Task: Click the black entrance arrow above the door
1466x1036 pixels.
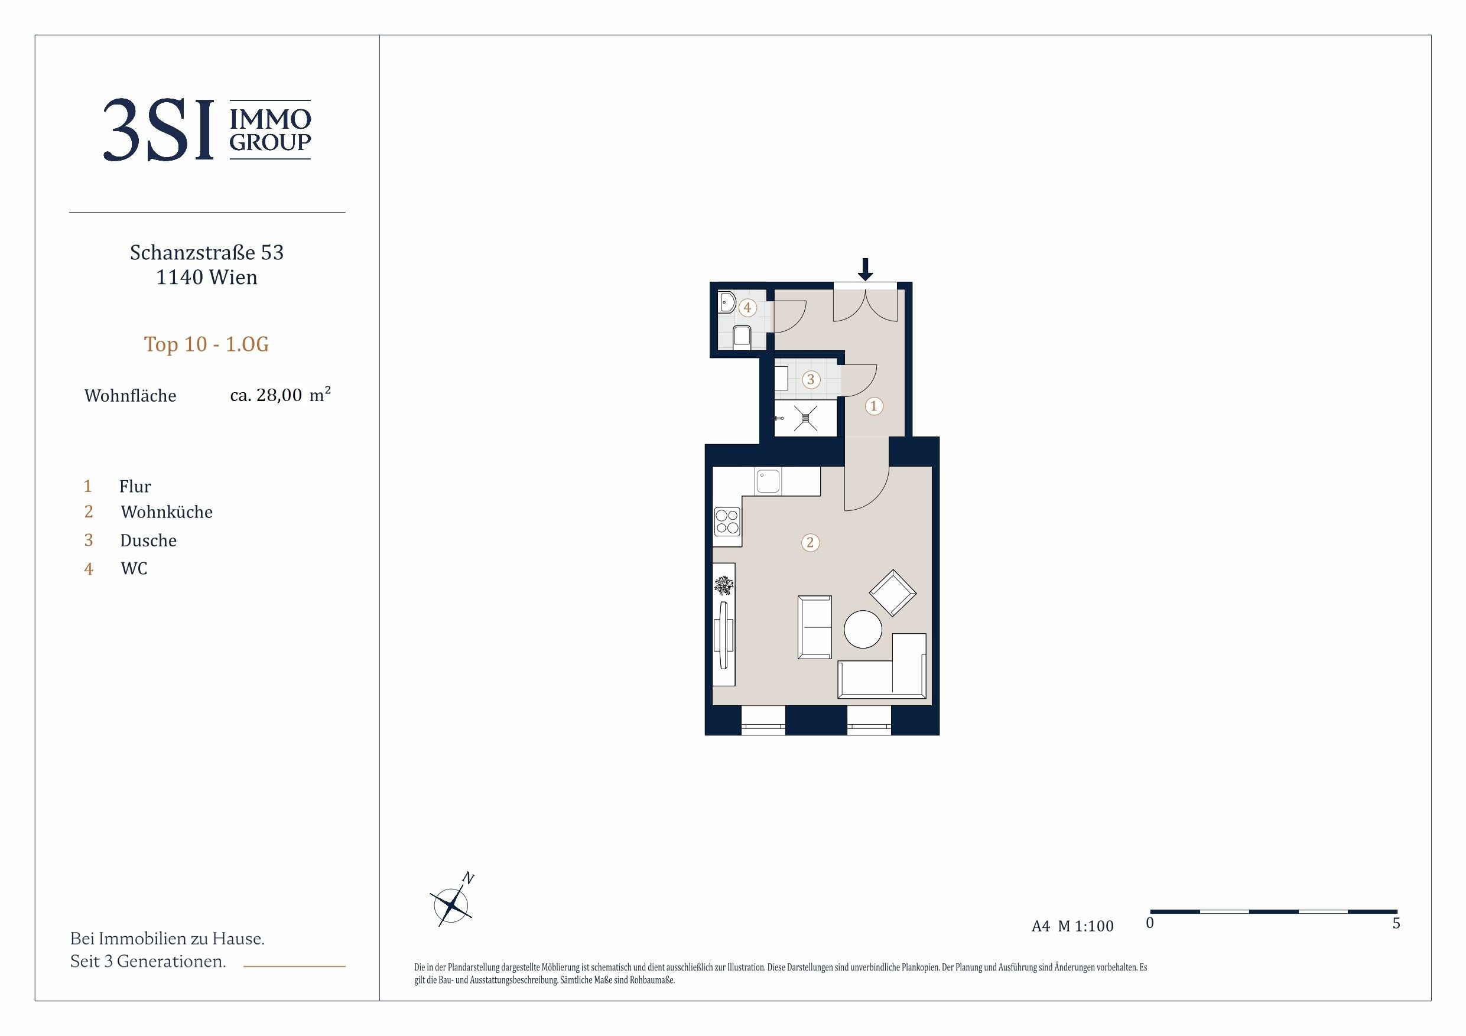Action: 865,269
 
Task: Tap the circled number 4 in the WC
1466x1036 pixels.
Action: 747,308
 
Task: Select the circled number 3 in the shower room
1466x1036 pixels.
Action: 811,379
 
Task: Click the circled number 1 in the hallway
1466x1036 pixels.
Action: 874,405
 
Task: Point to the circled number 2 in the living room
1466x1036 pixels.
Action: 810,543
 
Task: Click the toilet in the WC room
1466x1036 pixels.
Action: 742,335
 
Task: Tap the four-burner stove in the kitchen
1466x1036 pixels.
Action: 727,521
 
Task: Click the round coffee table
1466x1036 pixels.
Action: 863,630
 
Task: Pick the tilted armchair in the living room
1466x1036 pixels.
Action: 893,593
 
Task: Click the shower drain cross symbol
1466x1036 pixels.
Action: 805,419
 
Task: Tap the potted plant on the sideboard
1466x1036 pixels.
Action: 723,584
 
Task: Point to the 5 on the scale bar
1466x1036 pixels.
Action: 1396,923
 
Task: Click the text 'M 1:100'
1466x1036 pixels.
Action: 1085,926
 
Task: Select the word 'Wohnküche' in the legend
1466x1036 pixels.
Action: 167,512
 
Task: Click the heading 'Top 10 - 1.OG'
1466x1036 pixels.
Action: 206,344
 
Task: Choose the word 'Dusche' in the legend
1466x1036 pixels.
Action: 148,540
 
